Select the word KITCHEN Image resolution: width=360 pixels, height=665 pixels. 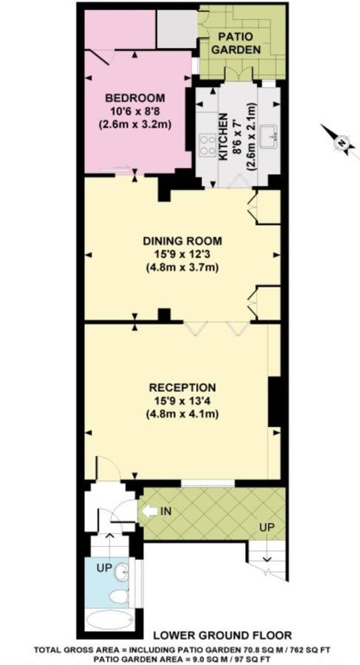[x=223, y=139]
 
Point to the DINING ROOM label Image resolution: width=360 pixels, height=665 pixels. [x=182, y=241]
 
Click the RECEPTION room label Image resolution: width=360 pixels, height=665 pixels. [x=182, y=387]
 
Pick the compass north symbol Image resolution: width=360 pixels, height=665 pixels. [x=342, y=142]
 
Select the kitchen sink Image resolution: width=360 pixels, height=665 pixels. [x=271, y=136]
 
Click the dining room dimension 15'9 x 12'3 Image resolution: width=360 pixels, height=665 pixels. [x=182, y=254]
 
